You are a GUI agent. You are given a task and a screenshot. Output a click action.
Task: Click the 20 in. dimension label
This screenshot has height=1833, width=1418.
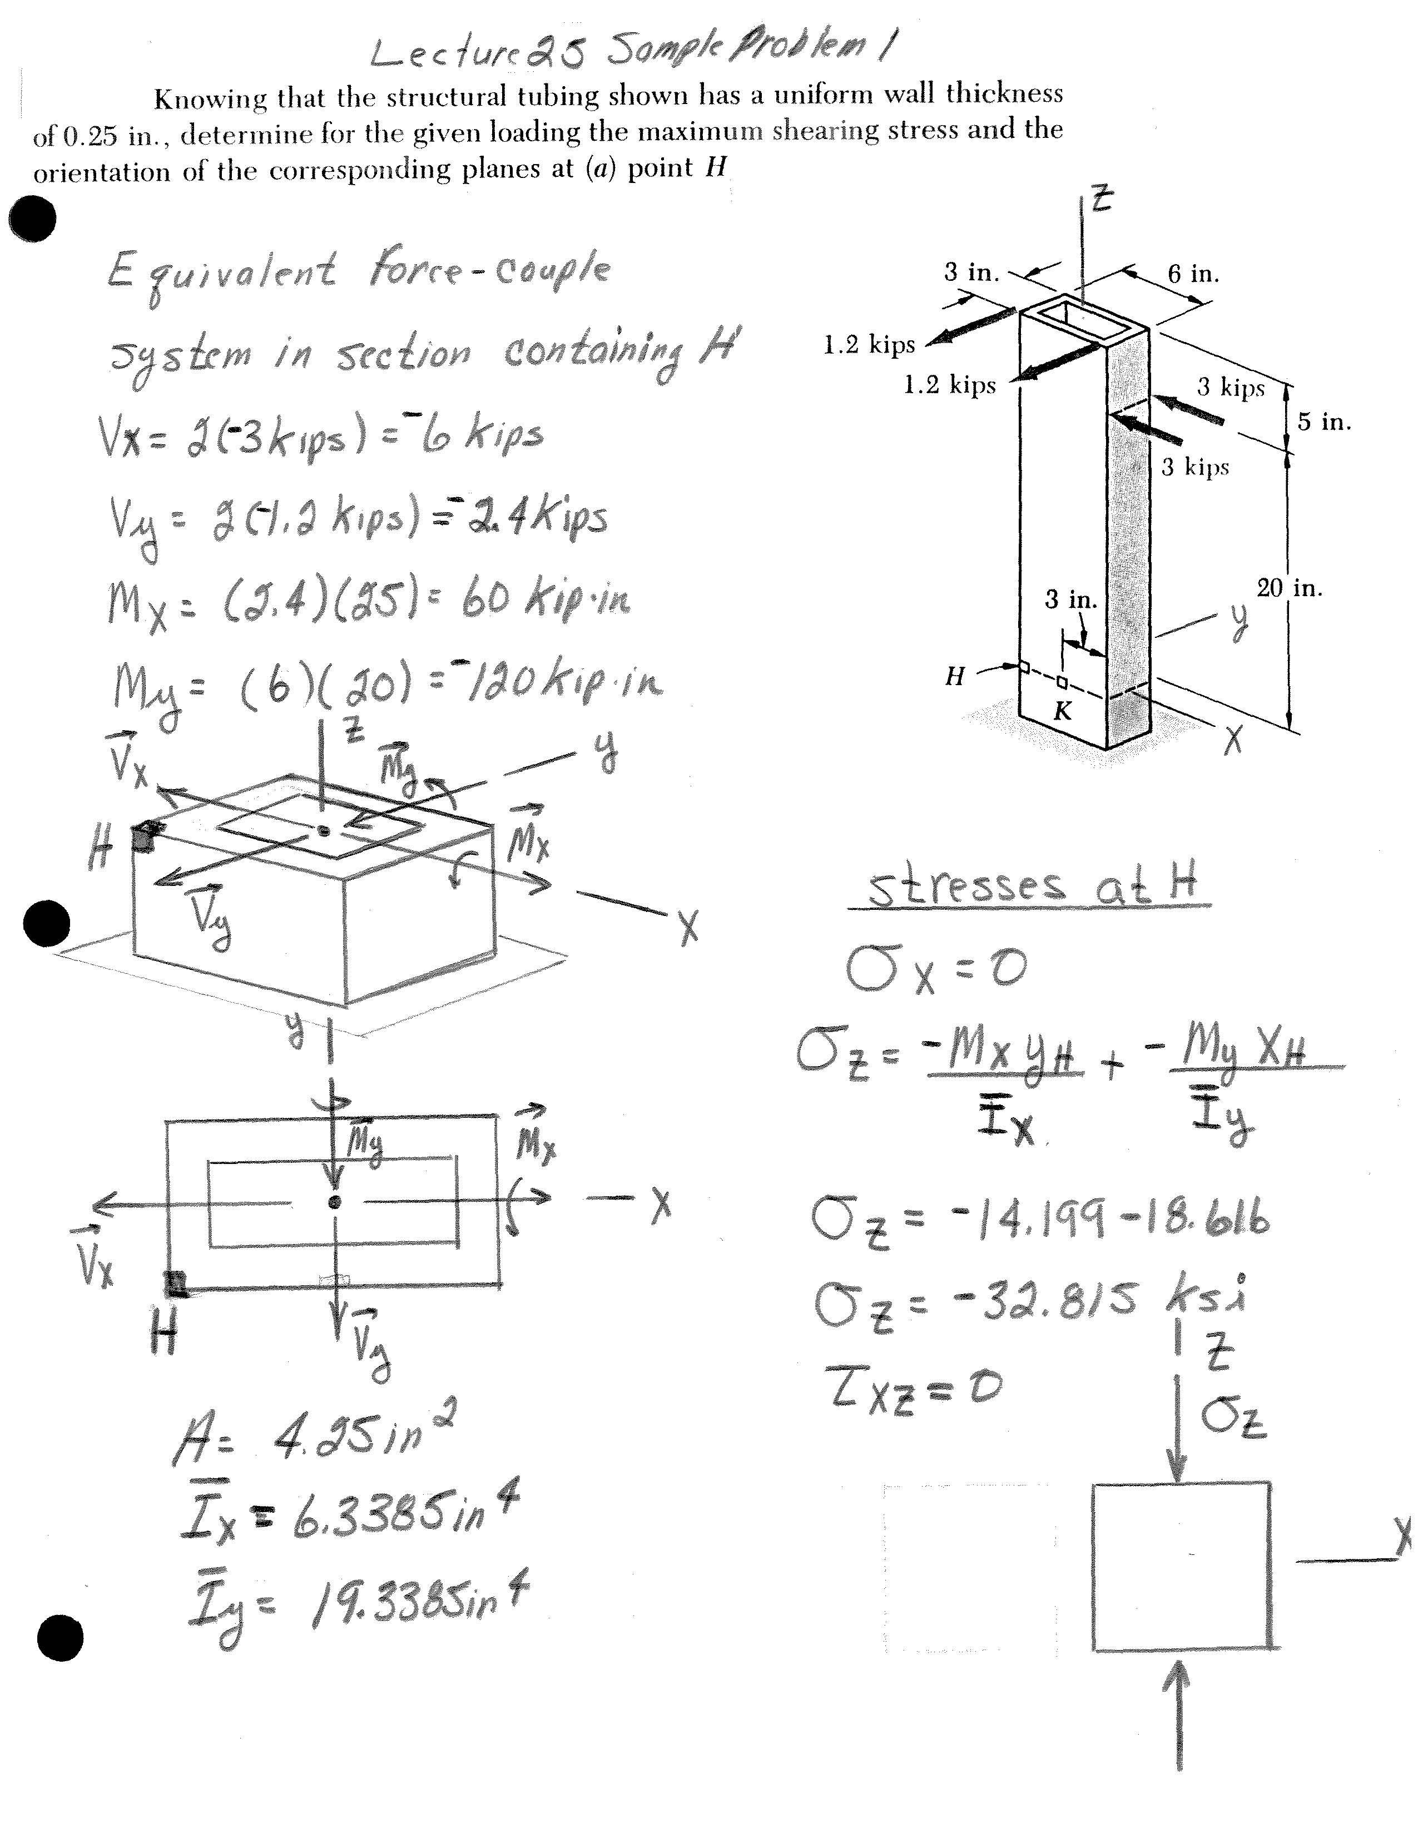1289,588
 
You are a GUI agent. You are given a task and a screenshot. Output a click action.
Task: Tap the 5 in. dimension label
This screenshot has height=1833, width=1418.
1324,422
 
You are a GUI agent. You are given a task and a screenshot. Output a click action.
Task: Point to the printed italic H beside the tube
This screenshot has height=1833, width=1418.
955,676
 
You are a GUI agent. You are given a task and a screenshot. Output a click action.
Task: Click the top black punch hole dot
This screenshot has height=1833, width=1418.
32,220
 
